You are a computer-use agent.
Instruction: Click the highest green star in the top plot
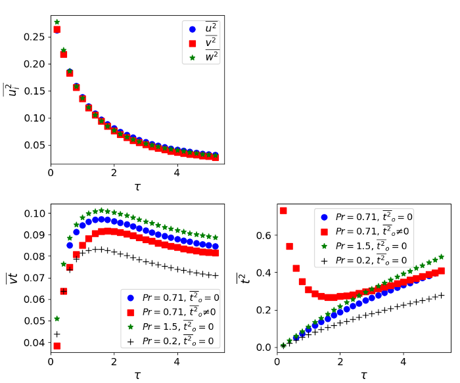(x=57, y=22)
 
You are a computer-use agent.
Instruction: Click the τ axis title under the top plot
(x=137, y=187)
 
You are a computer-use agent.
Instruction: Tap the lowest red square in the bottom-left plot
(x=57, y=346)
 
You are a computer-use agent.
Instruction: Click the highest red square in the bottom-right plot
(x=283, y=211)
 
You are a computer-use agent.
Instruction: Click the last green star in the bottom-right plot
(x=441, y=257)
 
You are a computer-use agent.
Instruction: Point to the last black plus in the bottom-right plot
(x=441, y=295)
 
